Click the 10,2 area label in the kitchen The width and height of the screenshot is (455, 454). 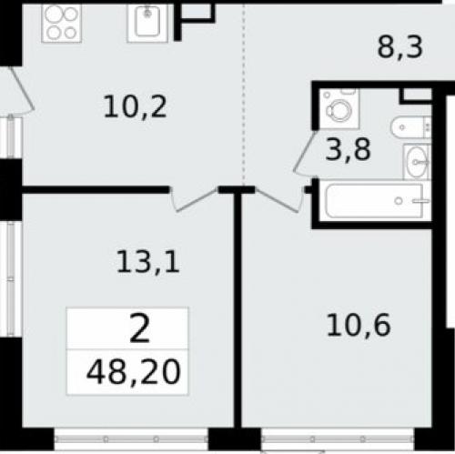[135, 106]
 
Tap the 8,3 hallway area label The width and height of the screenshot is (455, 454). [399, 47]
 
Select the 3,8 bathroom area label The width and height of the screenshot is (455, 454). [348, 149]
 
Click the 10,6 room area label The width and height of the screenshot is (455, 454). [359, 325]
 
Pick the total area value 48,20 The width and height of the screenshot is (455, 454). [134, 372]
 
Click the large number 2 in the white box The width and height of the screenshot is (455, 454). [140, 328]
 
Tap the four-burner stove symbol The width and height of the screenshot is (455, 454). [61, 23]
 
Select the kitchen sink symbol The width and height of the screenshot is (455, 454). [147, 23]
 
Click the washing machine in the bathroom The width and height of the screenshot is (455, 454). [339, 108]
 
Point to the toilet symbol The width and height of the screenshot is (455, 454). [411, 127]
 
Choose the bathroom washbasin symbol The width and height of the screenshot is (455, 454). [417, 162]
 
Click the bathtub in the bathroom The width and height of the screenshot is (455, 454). [375, 201]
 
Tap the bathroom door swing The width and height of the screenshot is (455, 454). [305, 154]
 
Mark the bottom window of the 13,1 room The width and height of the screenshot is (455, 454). [131, 439]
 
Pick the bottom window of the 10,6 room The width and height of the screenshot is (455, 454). [338, 439]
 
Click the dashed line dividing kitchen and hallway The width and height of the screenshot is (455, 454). [244, 94]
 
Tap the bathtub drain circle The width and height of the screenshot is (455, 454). [399, 201]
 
